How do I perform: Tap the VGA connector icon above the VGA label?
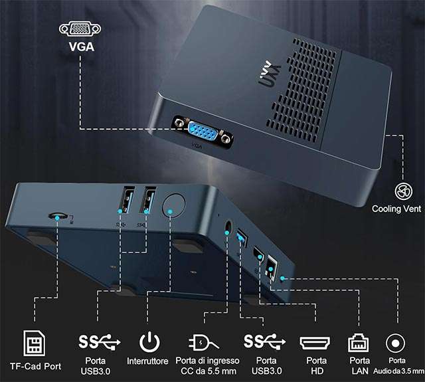click(80, 29)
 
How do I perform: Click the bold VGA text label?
click(82, 47)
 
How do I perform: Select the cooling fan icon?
click(403, 191)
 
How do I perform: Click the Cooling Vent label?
click(396, 209)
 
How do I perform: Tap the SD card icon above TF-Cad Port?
click(34, 343)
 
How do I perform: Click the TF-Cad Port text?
click(35, 366)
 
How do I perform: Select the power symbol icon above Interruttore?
click(149, 342)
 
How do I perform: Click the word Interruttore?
click(147, 361)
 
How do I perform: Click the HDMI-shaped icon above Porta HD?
click(315, 343)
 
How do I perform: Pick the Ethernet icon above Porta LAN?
click(358, 343)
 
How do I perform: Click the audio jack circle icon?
click(396, 343)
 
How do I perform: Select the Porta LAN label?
click(360, 365)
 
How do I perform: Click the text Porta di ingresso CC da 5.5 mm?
click(208, 366)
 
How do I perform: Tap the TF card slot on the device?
click(58, 216)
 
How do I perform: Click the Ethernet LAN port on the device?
click(272, 267)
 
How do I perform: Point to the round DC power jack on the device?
click(228, 227)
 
